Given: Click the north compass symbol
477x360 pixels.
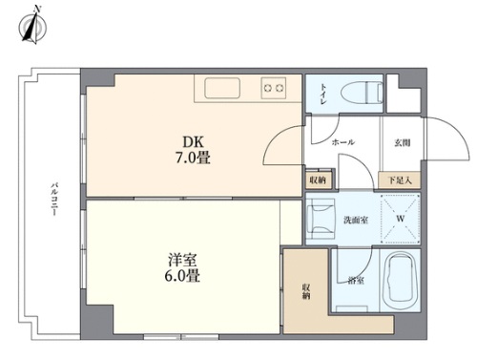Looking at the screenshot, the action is click(x=32, y=26).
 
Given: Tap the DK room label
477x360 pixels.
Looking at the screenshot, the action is click(x=193, y=142).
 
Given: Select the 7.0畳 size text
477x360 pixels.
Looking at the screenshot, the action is click(x=193, y=158).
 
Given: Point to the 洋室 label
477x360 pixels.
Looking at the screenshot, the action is click(x=182, y=260).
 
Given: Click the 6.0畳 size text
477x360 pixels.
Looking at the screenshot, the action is click(x=182, y=276).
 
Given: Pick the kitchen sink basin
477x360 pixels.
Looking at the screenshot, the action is click(x=222, y=88).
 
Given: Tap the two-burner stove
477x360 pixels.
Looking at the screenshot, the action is click(x=274, y=88).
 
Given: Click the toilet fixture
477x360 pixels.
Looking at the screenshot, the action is click(x=362, y=93).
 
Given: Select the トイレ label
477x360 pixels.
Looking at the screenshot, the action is click(x=323, y=94).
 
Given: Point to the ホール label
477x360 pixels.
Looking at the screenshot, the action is click(x=343, y=142).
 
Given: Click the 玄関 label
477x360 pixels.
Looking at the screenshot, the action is click(x=403, y=143).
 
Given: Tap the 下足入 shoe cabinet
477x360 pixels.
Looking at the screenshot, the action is click(x=400, y=180).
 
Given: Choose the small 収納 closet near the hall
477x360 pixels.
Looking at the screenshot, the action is click(x=318, y=180).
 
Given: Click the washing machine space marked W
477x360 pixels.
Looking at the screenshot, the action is click(x=401, y=219).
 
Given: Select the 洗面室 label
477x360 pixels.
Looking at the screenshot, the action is click(x=356, y=220).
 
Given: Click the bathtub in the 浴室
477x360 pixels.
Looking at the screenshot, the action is click(x=401, y=281).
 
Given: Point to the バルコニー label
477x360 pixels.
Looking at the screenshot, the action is click(x=54, y=200).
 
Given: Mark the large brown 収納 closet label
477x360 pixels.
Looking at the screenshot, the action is click(x=306, y=291).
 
